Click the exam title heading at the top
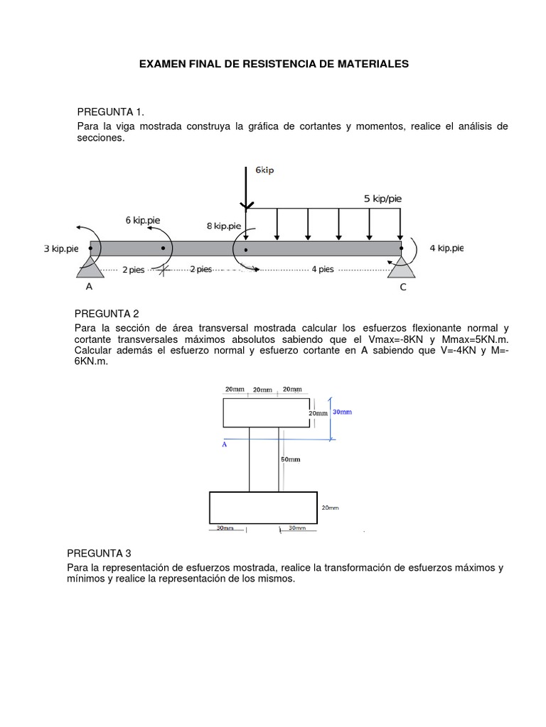[274, 64]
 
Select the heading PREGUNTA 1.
[110, 112]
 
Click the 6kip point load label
[264, 170]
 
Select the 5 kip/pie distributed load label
[382, 199]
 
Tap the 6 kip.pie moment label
[143, 220]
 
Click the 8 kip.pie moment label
[224, 226]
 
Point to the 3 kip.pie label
[60, 249]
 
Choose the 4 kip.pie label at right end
[446, 248]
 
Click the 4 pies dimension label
[322, 270]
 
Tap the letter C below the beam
[403, 288]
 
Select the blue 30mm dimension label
[342, 412]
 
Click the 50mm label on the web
[290, 459]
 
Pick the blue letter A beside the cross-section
[225, 444]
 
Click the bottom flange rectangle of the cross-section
[263, 508]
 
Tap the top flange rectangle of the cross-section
[267, 412]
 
